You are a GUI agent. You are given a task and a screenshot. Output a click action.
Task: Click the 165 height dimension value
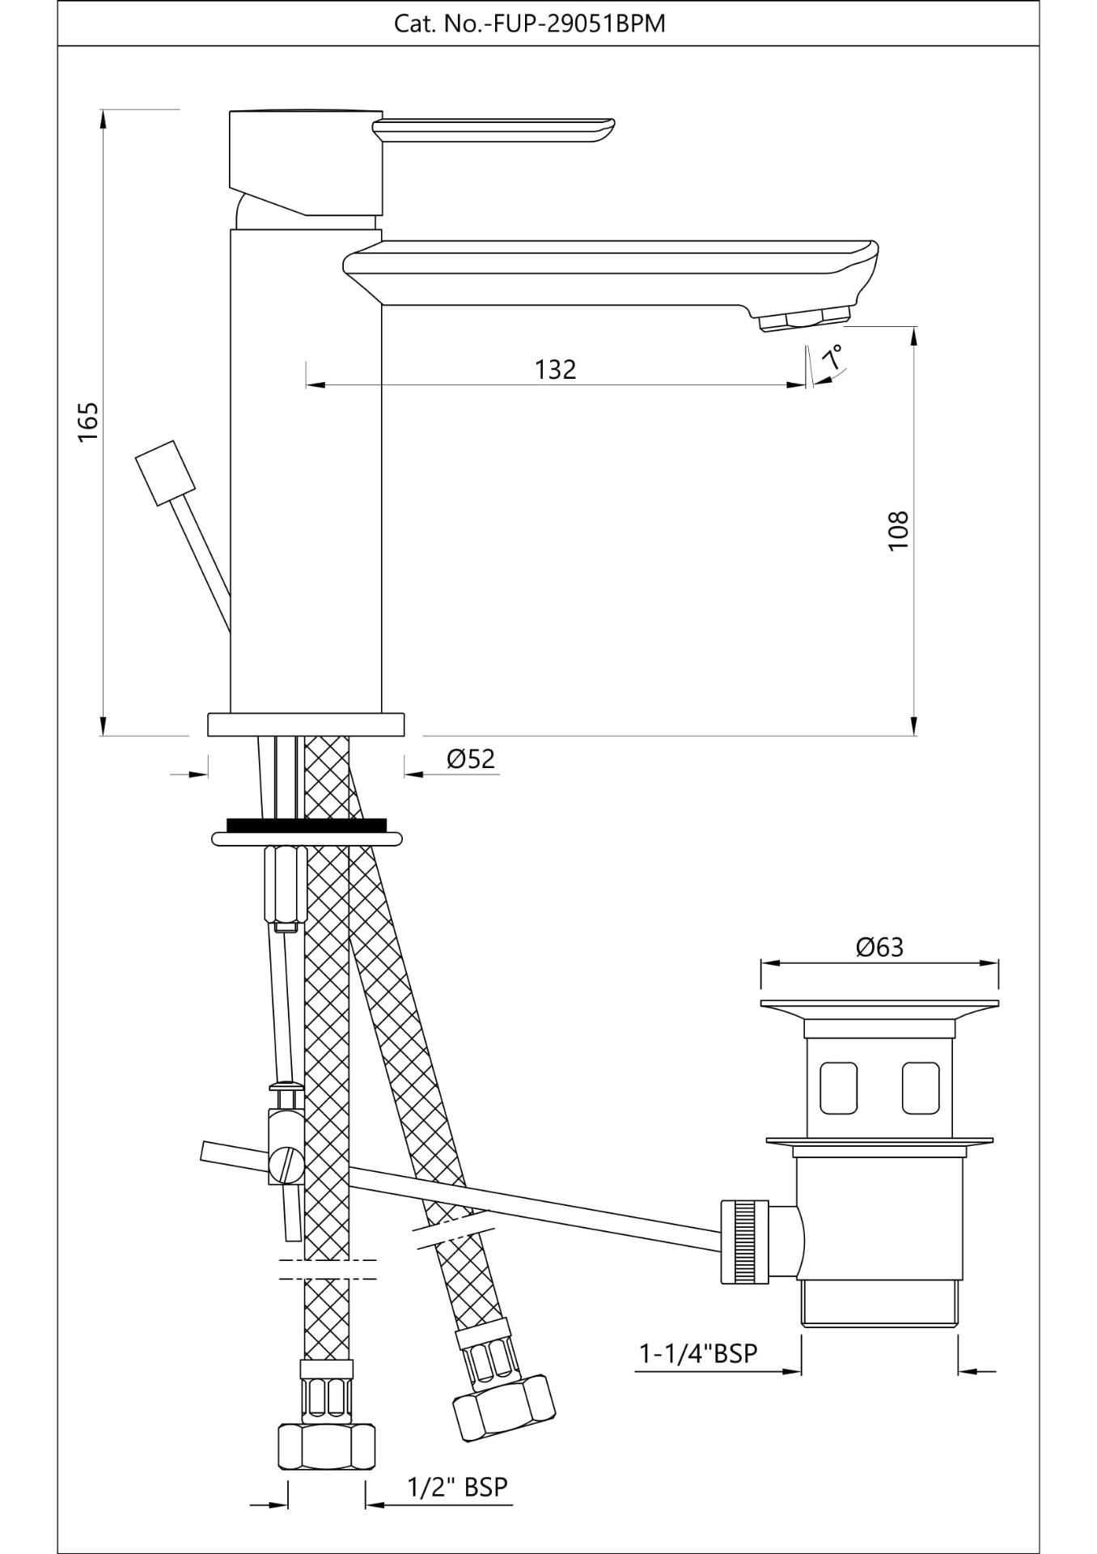coord(88,420)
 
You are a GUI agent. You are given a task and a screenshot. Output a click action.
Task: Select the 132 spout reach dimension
coord(555,369)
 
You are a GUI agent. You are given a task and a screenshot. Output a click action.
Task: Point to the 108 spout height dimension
coord(898,530)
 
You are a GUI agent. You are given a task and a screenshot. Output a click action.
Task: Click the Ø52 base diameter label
coord(470,758)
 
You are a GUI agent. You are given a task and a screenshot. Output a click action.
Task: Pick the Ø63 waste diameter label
coord(879,946)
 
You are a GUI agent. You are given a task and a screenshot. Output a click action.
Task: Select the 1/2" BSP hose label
coord(457,1487)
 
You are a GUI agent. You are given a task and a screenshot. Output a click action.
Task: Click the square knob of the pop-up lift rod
coord(166,473)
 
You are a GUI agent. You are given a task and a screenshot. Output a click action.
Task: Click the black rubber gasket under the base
coord(306,826)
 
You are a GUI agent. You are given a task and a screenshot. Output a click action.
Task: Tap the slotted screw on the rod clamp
coord(285,1166)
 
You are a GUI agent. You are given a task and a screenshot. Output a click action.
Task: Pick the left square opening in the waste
coord(838,1088)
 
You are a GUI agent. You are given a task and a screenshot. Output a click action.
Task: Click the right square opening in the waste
coord(921,1088)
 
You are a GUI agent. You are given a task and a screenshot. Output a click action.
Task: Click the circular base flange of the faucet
coord(306,724)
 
